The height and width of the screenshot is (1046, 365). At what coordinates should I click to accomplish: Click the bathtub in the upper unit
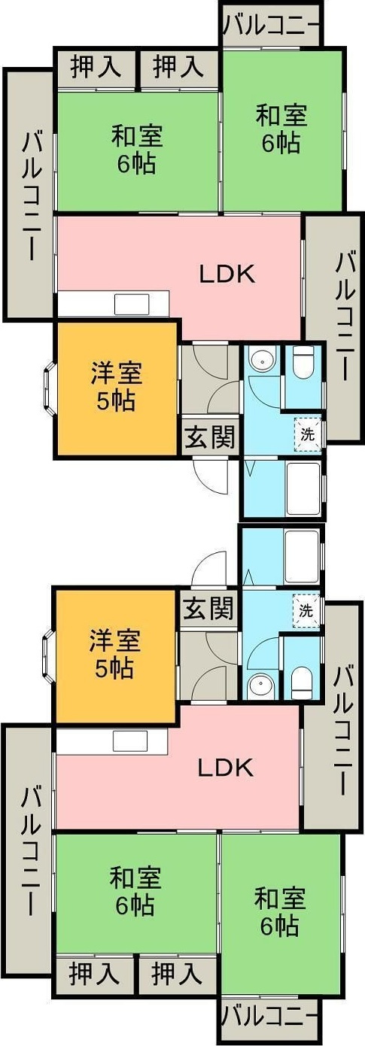pyautogui.click(x=303, y=488)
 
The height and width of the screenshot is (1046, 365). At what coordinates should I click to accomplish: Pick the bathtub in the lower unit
pyautogui.click(x=302, y=556)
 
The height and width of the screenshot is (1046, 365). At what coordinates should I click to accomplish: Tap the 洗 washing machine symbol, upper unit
pyautogui.click(x=308, y=435)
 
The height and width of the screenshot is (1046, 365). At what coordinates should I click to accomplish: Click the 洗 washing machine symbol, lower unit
pyautogui.click(x=306, y=610)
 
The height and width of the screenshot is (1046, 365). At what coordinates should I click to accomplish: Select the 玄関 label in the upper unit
pyautogui.click(x=210, y=437)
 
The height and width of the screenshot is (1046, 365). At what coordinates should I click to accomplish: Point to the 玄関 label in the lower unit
pyautogui.click(x=208, y=609)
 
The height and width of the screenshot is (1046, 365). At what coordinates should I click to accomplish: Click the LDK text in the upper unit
pyautogui.click(x=227, y=275)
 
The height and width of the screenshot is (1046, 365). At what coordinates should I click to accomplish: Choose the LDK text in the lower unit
pyautogui.click(x=226, y=768)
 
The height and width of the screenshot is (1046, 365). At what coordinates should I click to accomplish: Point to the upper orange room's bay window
pyautogui.click(x=49, y=386)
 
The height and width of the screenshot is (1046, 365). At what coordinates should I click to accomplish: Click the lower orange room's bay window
pyautogui.click(x=49, y=654)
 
